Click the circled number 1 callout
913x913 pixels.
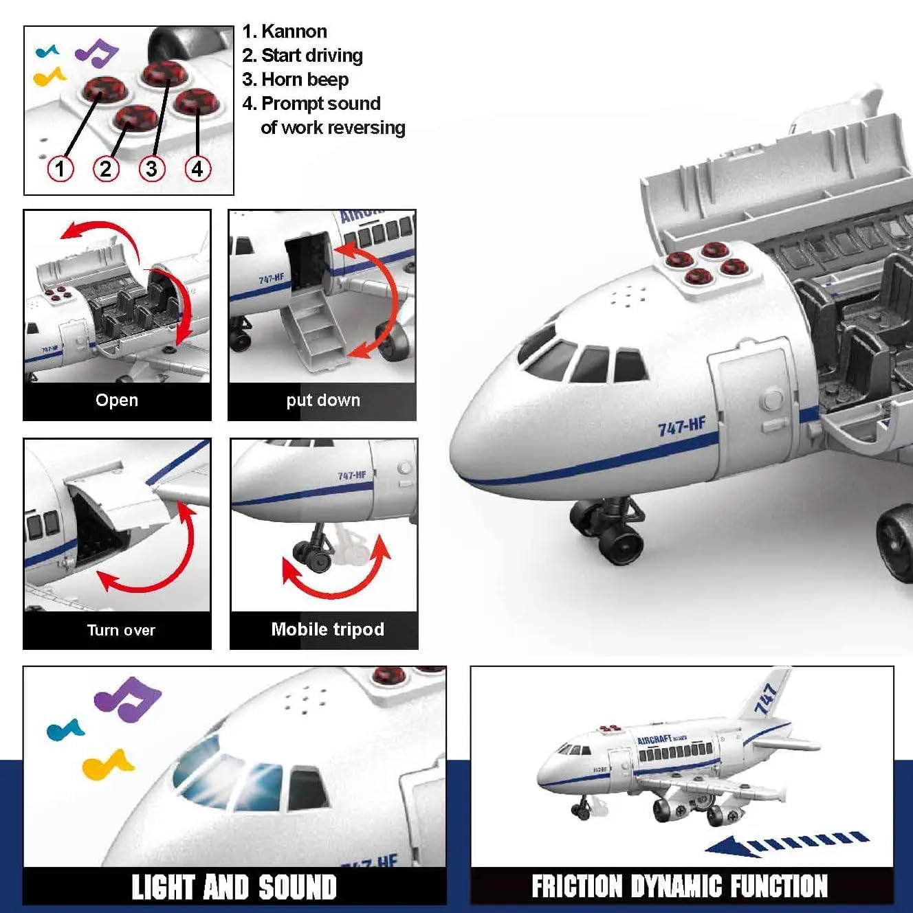pos(60,168)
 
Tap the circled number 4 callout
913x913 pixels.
pos(197,168)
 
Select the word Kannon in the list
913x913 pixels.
pos(294,32)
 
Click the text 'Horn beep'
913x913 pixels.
pos(305,80)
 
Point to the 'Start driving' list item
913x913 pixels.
pos(311,56)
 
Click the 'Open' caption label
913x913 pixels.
pos(117,401)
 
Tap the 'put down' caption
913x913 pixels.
pos(322,401)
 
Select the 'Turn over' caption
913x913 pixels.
pos(121,630)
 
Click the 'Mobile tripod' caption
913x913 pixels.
pos(327,629)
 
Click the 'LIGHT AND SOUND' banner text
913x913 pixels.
pos(234,887)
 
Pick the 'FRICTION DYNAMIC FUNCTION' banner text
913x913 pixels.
pos(679,886)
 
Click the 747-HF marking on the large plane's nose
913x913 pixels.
pos(681,427)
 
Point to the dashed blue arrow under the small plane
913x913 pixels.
pos(787,843)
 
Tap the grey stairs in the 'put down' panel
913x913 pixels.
pos(318,330)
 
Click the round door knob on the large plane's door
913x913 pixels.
pos(772,399)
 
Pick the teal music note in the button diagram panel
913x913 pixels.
pos(47,51)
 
